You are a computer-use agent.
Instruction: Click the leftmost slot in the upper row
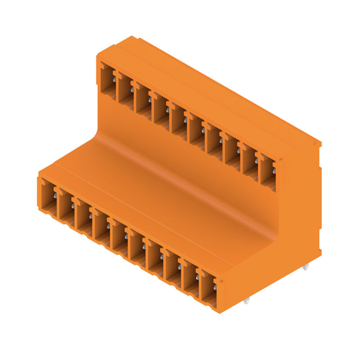click(x=108, y=81)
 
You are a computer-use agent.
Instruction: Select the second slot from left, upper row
click(x=126, y=91)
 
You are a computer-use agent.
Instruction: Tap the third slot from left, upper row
click(x=144, y=101)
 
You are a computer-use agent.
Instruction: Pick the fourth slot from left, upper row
click(x=161, y=111)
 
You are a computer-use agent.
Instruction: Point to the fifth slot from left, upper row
click(x=179, y=121)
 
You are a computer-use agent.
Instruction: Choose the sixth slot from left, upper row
click(x=197, y=130)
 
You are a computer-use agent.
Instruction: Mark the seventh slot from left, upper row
click(x=214, y=140)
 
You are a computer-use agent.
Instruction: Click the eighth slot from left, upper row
click(x=232, y=150)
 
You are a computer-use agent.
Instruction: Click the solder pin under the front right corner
click(x=246, y=301)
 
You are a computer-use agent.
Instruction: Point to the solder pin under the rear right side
click(x=306, y=267)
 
